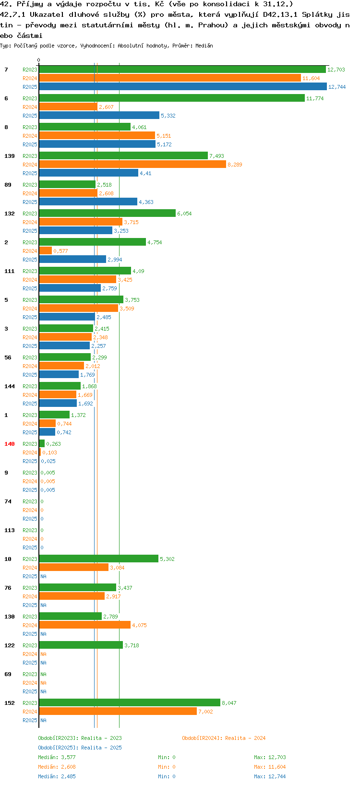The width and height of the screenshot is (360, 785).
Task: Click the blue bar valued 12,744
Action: pos(182,86)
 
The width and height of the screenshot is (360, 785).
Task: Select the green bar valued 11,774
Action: pos(172,98)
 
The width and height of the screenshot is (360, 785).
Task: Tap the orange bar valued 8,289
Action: pos(132,165)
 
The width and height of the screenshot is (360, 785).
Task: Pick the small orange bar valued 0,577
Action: pos(45,250)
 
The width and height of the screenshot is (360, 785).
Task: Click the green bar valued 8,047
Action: pos(130,702)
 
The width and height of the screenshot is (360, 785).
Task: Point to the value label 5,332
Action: pos(168,116)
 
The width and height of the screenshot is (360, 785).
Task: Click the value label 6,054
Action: pos(184,214)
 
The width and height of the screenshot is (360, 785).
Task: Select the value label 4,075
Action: pos(139,625)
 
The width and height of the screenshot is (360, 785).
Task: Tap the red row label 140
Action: pos(10,444)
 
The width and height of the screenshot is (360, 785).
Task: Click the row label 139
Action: pos(10,156)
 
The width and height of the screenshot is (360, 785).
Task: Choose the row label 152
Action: pos(10,702)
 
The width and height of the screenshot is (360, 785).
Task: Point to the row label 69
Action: pos(8,674)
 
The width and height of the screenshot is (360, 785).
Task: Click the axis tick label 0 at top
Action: pos(38,60)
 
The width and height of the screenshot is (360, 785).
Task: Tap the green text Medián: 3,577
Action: pos(57,757)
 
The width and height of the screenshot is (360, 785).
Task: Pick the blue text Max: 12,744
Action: pos(270,776)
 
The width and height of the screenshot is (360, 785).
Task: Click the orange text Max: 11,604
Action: pos(270,767)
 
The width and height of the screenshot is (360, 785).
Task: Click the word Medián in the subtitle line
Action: pos(204,46)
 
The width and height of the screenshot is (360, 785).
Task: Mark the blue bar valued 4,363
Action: pos(88,202)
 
